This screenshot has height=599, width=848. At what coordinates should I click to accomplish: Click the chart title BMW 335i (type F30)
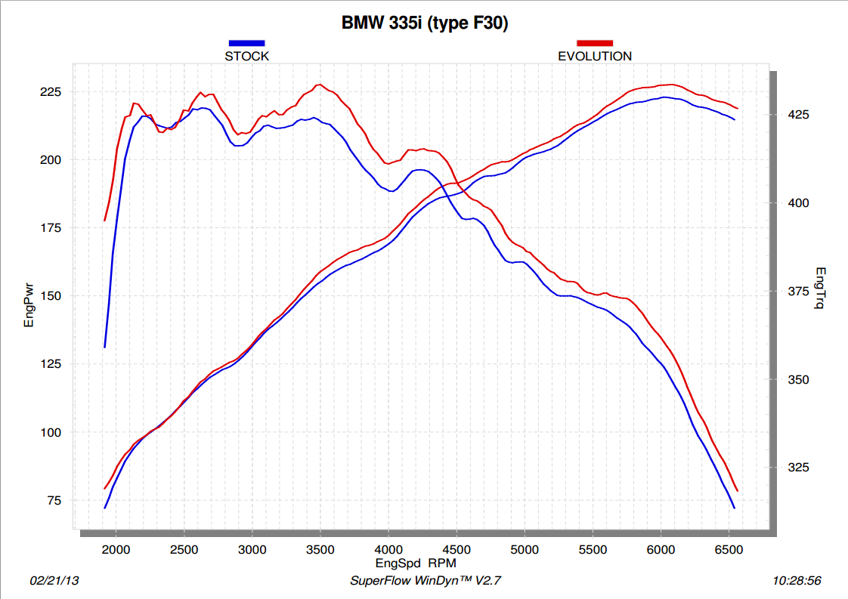[425, 23]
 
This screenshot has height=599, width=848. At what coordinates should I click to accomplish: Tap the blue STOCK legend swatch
[246, 43]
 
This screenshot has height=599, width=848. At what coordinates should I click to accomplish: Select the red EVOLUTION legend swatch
[595, 43]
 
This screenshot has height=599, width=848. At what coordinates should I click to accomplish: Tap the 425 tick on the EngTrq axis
[793, 115]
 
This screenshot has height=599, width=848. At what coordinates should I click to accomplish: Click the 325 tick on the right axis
[793, 468]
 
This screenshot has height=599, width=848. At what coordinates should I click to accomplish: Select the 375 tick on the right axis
[793, 292]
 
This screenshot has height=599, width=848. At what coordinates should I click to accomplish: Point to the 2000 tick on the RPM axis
[116, 549]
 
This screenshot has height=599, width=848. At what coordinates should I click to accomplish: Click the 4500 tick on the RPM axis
[456, 549]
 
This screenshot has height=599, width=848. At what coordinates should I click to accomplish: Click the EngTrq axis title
[820, 288]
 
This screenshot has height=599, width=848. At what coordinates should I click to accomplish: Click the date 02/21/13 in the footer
[54, 581]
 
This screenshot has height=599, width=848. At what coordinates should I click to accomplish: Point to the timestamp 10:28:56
[797, 581]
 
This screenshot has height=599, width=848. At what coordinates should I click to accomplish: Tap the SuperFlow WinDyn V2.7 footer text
[426, 581]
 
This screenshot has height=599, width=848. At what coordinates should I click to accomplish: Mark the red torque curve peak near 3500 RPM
[320, 85]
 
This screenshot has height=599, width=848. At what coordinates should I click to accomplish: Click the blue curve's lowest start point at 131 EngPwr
[105, 347]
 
